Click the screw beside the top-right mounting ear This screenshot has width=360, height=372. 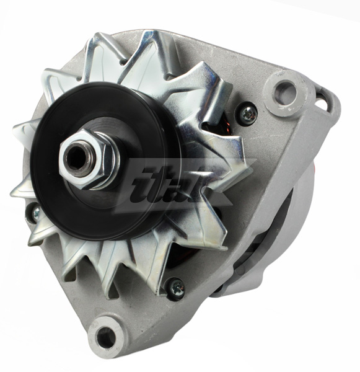(x=248, y=112)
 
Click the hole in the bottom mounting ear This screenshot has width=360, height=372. (x=107, y=337)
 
